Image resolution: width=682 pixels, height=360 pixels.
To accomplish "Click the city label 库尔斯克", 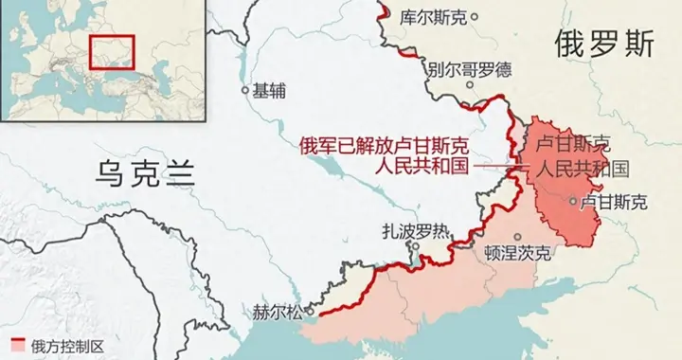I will [433, 16].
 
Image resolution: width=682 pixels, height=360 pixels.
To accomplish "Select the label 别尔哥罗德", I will [468, 69].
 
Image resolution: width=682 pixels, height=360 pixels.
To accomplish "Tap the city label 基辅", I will [269, 92].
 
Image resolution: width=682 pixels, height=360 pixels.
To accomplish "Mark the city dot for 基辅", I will [246, 92].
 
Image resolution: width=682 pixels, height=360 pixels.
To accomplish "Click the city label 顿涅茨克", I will [516, 254].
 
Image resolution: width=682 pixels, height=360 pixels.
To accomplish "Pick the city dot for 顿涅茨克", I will [517, 236].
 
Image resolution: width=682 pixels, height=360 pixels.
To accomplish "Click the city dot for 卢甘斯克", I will [571, 201].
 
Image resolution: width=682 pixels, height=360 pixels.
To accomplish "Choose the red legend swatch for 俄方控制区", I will [17, 344].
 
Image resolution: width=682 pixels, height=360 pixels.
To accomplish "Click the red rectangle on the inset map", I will [113, 51].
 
